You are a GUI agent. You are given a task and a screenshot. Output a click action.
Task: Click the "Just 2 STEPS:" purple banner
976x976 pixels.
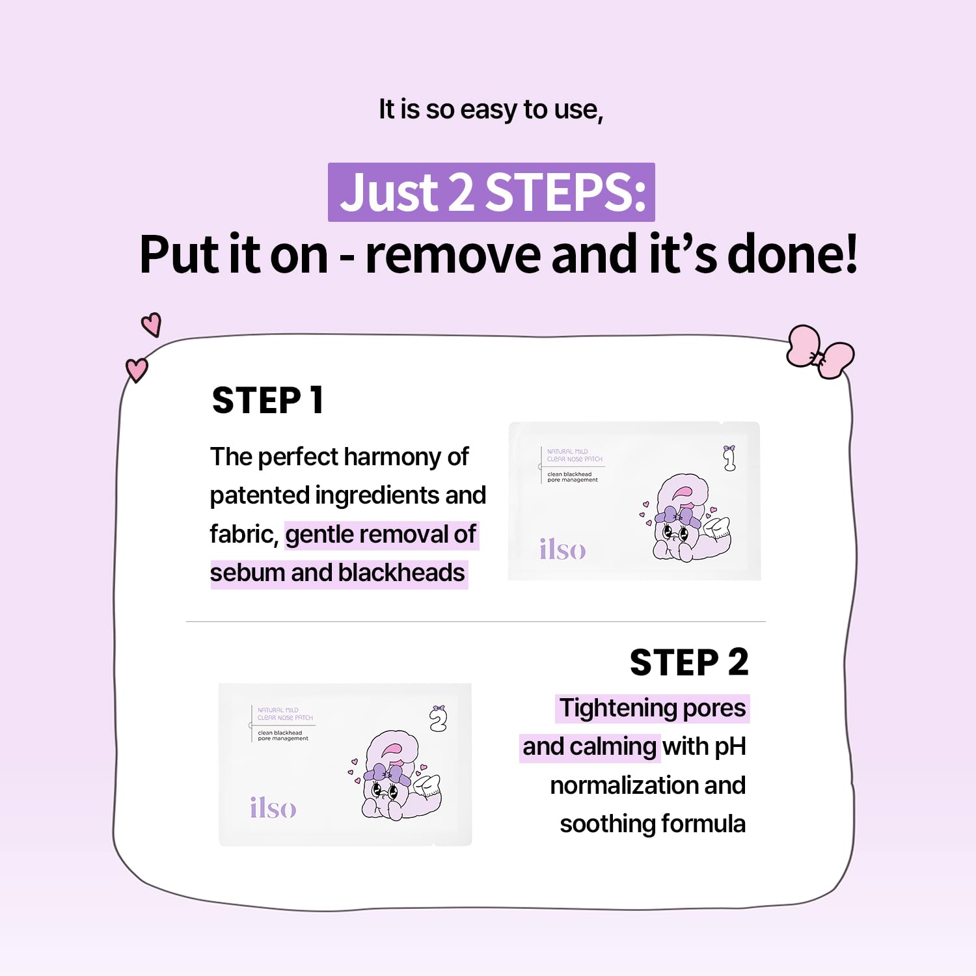pos(491,193)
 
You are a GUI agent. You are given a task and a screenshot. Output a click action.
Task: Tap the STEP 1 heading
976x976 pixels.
pos(267,400)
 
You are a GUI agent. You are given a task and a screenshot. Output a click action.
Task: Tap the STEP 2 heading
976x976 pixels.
pos(689,663)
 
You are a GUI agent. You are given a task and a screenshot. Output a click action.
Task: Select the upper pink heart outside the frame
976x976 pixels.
pos(152,324)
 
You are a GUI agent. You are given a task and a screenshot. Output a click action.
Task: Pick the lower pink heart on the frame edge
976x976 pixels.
pos(137,370)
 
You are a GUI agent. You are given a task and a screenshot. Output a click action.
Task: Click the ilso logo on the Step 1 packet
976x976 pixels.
pos(562,550)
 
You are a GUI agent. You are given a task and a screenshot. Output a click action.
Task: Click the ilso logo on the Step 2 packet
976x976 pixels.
pos(273,808)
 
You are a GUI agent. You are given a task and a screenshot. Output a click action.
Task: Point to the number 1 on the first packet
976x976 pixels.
pos(729,458)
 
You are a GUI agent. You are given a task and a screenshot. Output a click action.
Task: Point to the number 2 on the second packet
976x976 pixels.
pos(439,718)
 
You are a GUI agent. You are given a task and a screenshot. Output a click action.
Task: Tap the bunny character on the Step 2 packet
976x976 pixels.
pos(397,778)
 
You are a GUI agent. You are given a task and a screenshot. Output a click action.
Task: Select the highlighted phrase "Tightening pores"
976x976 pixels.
pos(653,708)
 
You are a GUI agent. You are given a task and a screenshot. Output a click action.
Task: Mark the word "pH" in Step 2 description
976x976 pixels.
pos(730,747)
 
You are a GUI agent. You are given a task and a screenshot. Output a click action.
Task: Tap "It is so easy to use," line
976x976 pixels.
pos(491,109)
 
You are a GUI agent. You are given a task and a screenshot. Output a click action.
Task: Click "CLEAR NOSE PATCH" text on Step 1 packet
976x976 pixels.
pos(575,459)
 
